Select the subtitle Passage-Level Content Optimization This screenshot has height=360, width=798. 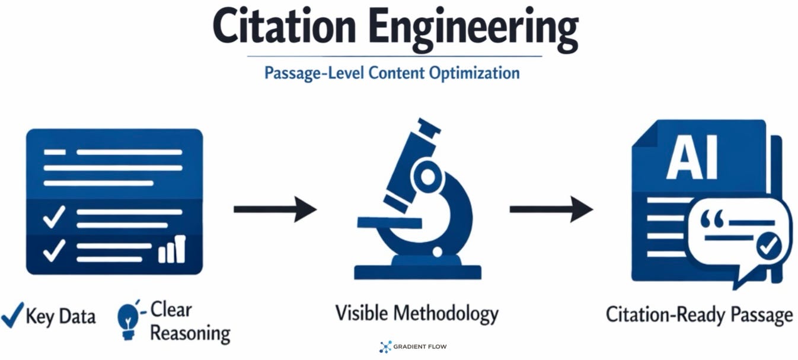coord(392,73)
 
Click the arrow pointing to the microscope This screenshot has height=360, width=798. coord(274,209)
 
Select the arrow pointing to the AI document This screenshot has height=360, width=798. coord(551,209)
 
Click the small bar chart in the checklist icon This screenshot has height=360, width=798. coord(172,250)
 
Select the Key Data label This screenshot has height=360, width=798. coord(60,316)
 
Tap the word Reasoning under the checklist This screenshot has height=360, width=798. coord(190,333)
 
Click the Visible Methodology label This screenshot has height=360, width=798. coord(417,313)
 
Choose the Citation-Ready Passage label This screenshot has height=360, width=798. coord(699,314)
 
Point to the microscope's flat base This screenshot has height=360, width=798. coord(417,272)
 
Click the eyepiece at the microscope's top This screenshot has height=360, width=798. coord(429,126)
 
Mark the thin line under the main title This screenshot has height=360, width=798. coord(394,56)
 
